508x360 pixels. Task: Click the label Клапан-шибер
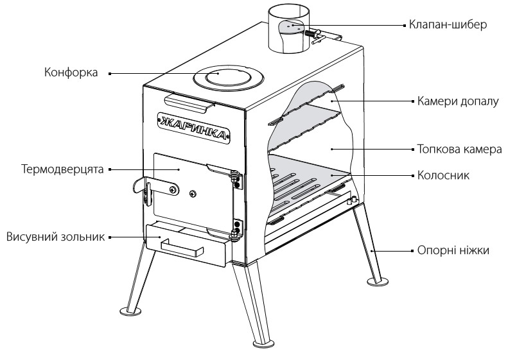[x=448, y=25]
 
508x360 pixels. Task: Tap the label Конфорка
[x=71, y=73]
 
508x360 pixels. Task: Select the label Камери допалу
[x=458, y=101]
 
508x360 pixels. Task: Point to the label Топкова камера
[x=459, y=150]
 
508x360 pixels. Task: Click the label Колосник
[x=443, y=175]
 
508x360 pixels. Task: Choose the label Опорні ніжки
[x=453, y=250]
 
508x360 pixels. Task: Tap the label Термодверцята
[x=62, y=169]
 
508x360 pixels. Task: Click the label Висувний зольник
[x=56, y=237]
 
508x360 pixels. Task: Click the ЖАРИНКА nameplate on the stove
[x=194, y=128]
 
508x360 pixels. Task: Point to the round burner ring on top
[x=229, y=78]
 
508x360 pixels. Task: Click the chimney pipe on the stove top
[x=288, y=31]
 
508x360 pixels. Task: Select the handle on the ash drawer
[x=182, y=248]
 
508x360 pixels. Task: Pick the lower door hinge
[x=237, y=229]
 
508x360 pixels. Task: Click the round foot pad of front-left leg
[x=130, y=311]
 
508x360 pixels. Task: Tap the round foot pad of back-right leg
[x=378, y=282]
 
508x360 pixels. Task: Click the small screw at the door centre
[x=193, y=193]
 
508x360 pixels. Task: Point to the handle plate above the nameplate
[x=189, y=103]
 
